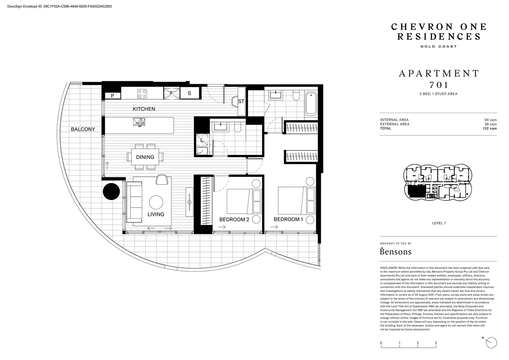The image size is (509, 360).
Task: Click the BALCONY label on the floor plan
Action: point(83,129)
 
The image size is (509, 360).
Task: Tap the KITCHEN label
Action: point(144,109)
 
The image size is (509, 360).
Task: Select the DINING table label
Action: point(145,157)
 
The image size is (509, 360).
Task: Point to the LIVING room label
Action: point(156,214)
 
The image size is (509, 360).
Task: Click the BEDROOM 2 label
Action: point(234,219)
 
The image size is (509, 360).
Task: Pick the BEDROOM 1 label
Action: point(288,219)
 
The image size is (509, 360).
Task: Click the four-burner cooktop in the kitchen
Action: point(142,93)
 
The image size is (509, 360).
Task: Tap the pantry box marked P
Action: point(113,96)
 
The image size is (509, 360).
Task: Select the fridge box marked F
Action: point(172,93)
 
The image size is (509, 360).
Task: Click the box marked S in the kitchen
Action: point(190,93)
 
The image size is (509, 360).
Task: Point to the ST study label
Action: point(241,101)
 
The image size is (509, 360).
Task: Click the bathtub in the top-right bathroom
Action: point(311,103)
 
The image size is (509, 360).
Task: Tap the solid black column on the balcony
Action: point(111,191)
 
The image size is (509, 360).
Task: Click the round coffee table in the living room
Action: point(156,202)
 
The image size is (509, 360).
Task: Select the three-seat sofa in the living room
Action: point(134,202)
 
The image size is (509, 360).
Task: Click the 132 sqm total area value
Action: point(490,128)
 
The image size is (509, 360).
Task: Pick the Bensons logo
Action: point(396,251)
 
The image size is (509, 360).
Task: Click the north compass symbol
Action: point(491,342)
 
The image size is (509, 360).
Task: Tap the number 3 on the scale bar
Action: point(436,343)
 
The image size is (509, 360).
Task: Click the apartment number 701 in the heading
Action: point(439,85)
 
